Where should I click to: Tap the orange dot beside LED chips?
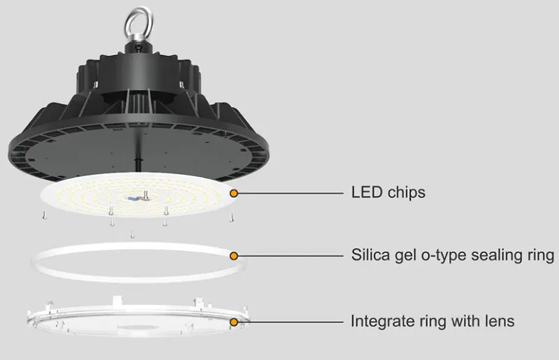pos(235,192)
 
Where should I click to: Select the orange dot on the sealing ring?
pos(235,256)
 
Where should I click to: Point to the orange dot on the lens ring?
pos(235,321)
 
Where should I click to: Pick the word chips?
pos(405,192)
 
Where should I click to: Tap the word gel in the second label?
pos(405,256)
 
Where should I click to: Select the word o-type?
pos(444,256)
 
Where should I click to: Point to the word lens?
pos(499,321)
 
